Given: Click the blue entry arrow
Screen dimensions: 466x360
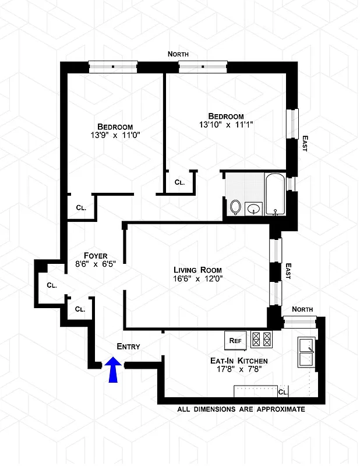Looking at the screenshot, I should click(x=114, y=370).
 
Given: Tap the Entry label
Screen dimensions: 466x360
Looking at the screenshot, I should click(x=128, y=346).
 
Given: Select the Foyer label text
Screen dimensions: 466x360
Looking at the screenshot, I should click(x=96, y=255).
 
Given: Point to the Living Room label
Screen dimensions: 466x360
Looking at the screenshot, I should click(x=197, y=270).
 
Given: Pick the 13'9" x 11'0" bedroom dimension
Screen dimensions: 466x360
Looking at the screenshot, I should click(x=115, y=135).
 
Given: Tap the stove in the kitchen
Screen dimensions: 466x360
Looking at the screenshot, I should click(x=262, y=338).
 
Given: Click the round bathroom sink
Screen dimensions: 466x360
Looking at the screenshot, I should click(x=254, y=208).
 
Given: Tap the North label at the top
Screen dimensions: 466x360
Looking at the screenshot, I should click(x=178, y=54).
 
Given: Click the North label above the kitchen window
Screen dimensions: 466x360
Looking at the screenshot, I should click(x=302, y=309).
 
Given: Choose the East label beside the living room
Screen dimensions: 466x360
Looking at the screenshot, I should click(x=287, y=270).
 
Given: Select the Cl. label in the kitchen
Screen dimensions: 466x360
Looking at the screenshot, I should click(x=283, y=392).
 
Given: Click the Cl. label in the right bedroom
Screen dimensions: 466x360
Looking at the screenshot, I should click(x=179, y=182).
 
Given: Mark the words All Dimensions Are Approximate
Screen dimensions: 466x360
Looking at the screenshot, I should click(x=241, y=409).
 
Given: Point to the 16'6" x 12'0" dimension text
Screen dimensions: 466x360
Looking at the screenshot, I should click(x=197, y=278).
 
